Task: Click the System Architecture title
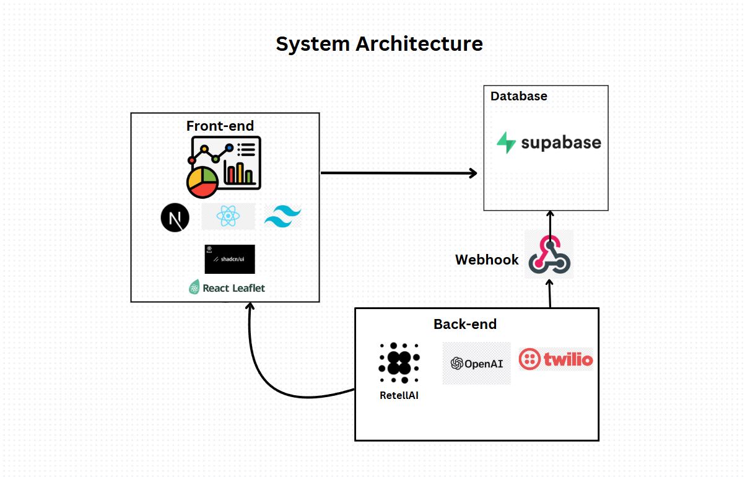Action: [379, 45]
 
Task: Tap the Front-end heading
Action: [220, 126]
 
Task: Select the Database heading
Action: [518, 96]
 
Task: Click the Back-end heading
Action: [464, 324]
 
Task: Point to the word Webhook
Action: [487, 260]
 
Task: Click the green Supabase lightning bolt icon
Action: [506, 142]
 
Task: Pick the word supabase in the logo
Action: [560, 143]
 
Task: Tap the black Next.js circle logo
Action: [174, 218]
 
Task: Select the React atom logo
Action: [228, 217]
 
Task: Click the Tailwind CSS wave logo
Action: [282, 217]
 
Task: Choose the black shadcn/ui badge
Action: [229, 259]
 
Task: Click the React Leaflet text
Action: [234, 288]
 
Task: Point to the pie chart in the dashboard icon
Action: [202, 182]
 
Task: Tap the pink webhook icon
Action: [549, 255]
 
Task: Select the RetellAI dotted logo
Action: [399, 362]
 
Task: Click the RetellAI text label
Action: [399, 395]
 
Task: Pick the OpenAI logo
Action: [476, 363]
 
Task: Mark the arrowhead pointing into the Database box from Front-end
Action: [473, 173]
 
